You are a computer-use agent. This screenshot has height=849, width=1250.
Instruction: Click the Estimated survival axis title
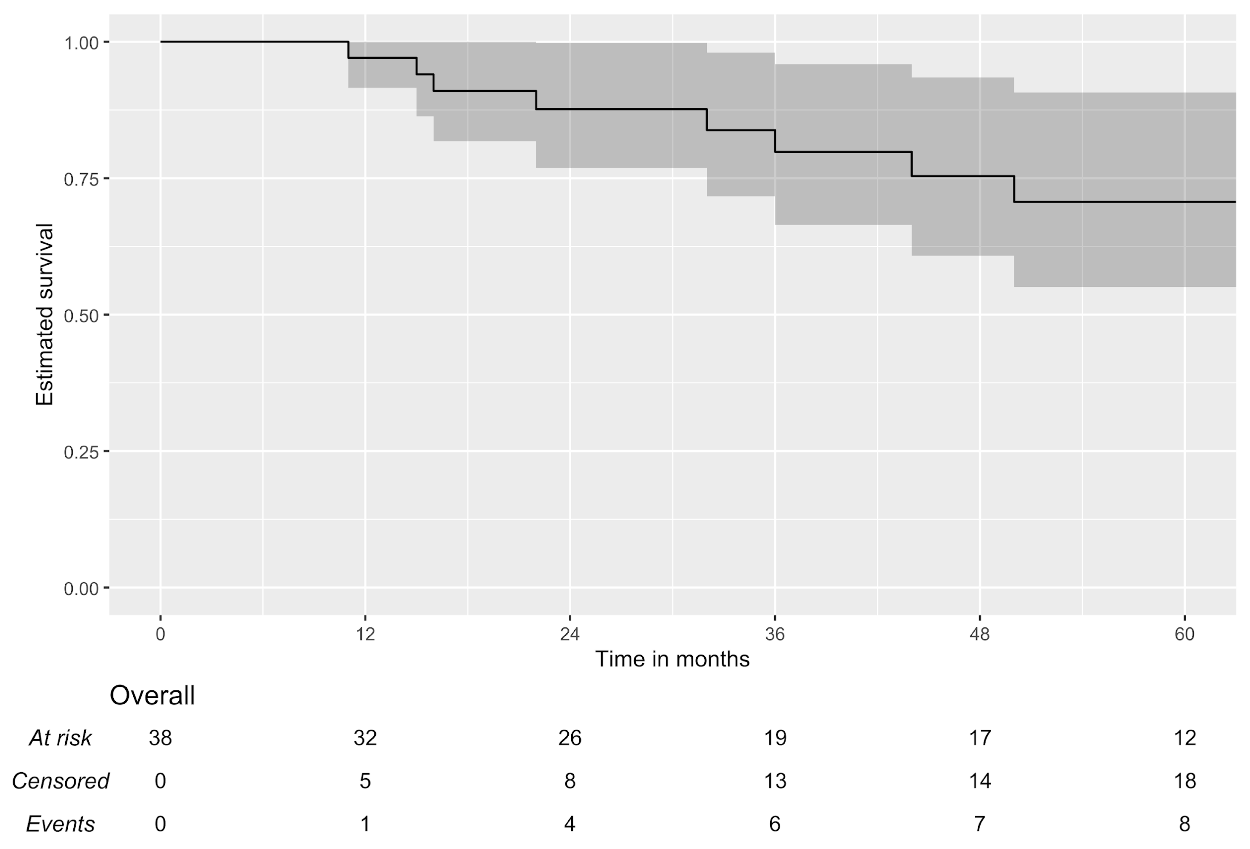point(45,314)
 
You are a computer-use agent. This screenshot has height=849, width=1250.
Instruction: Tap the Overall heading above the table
point(152,696)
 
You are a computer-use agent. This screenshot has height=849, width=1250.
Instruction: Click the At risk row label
point(60,738)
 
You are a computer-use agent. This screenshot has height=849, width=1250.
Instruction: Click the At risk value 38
point(160,738)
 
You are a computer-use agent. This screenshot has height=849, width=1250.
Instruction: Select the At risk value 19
point(774,738)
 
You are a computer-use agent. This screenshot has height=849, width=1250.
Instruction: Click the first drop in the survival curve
point(348,50)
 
